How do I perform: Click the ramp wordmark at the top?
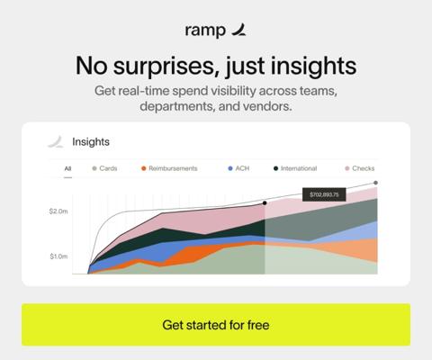205,31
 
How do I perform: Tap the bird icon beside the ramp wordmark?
239,30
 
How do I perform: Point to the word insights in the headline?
314,67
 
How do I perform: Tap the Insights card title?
91,141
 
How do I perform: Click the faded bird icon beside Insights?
56,141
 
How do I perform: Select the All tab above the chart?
67,168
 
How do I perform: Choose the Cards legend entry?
104,168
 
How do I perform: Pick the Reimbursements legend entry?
169,168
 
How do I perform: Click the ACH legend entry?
238,168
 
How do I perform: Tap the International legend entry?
295,168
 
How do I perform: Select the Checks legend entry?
360,168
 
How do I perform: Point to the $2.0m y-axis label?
58,211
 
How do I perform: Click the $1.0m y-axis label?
58,256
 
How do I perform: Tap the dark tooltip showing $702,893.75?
324,194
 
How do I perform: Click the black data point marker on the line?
265,203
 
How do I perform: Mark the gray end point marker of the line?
375,183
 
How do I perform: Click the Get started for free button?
216,325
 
